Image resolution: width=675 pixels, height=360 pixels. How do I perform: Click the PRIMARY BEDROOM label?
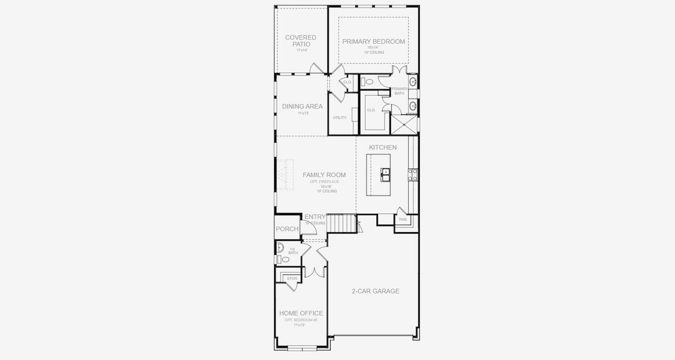pos(373,41)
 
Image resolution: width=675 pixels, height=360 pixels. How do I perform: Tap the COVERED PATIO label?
pos(301,41)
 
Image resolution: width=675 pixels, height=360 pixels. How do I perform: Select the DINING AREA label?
pos(302,106)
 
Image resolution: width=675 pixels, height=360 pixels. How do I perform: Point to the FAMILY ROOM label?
pos(324,175)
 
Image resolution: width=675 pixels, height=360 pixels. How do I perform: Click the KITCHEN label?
pos(382,147)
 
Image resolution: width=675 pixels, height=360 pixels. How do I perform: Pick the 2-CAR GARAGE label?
pos(376,291)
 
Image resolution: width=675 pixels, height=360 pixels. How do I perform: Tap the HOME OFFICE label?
pos(301,313)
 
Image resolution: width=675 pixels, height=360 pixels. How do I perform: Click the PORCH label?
pos(287,229)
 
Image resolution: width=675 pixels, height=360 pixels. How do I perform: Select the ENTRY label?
pos(315,217)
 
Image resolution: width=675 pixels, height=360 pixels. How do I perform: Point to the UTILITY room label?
pos(340,118)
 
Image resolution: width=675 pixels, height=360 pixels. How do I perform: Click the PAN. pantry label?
pos(403,220)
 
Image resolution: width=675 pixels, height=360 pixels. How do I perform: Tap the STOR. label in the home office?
pos(292,278)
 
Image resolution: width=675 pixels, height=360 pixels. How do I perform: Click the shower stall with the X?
pos(404,125)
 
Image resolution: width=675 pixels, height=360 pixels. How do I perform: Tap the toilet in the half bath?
pos(280,259)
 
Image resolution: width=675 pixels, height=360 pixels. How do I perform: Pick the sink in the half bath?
pos(280,247)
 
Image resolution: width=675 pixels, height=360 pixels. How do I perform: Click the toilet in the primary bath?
pos(369,81)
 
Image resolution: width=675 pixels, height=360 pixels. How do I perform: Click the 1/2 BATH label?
pos(293,251)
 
